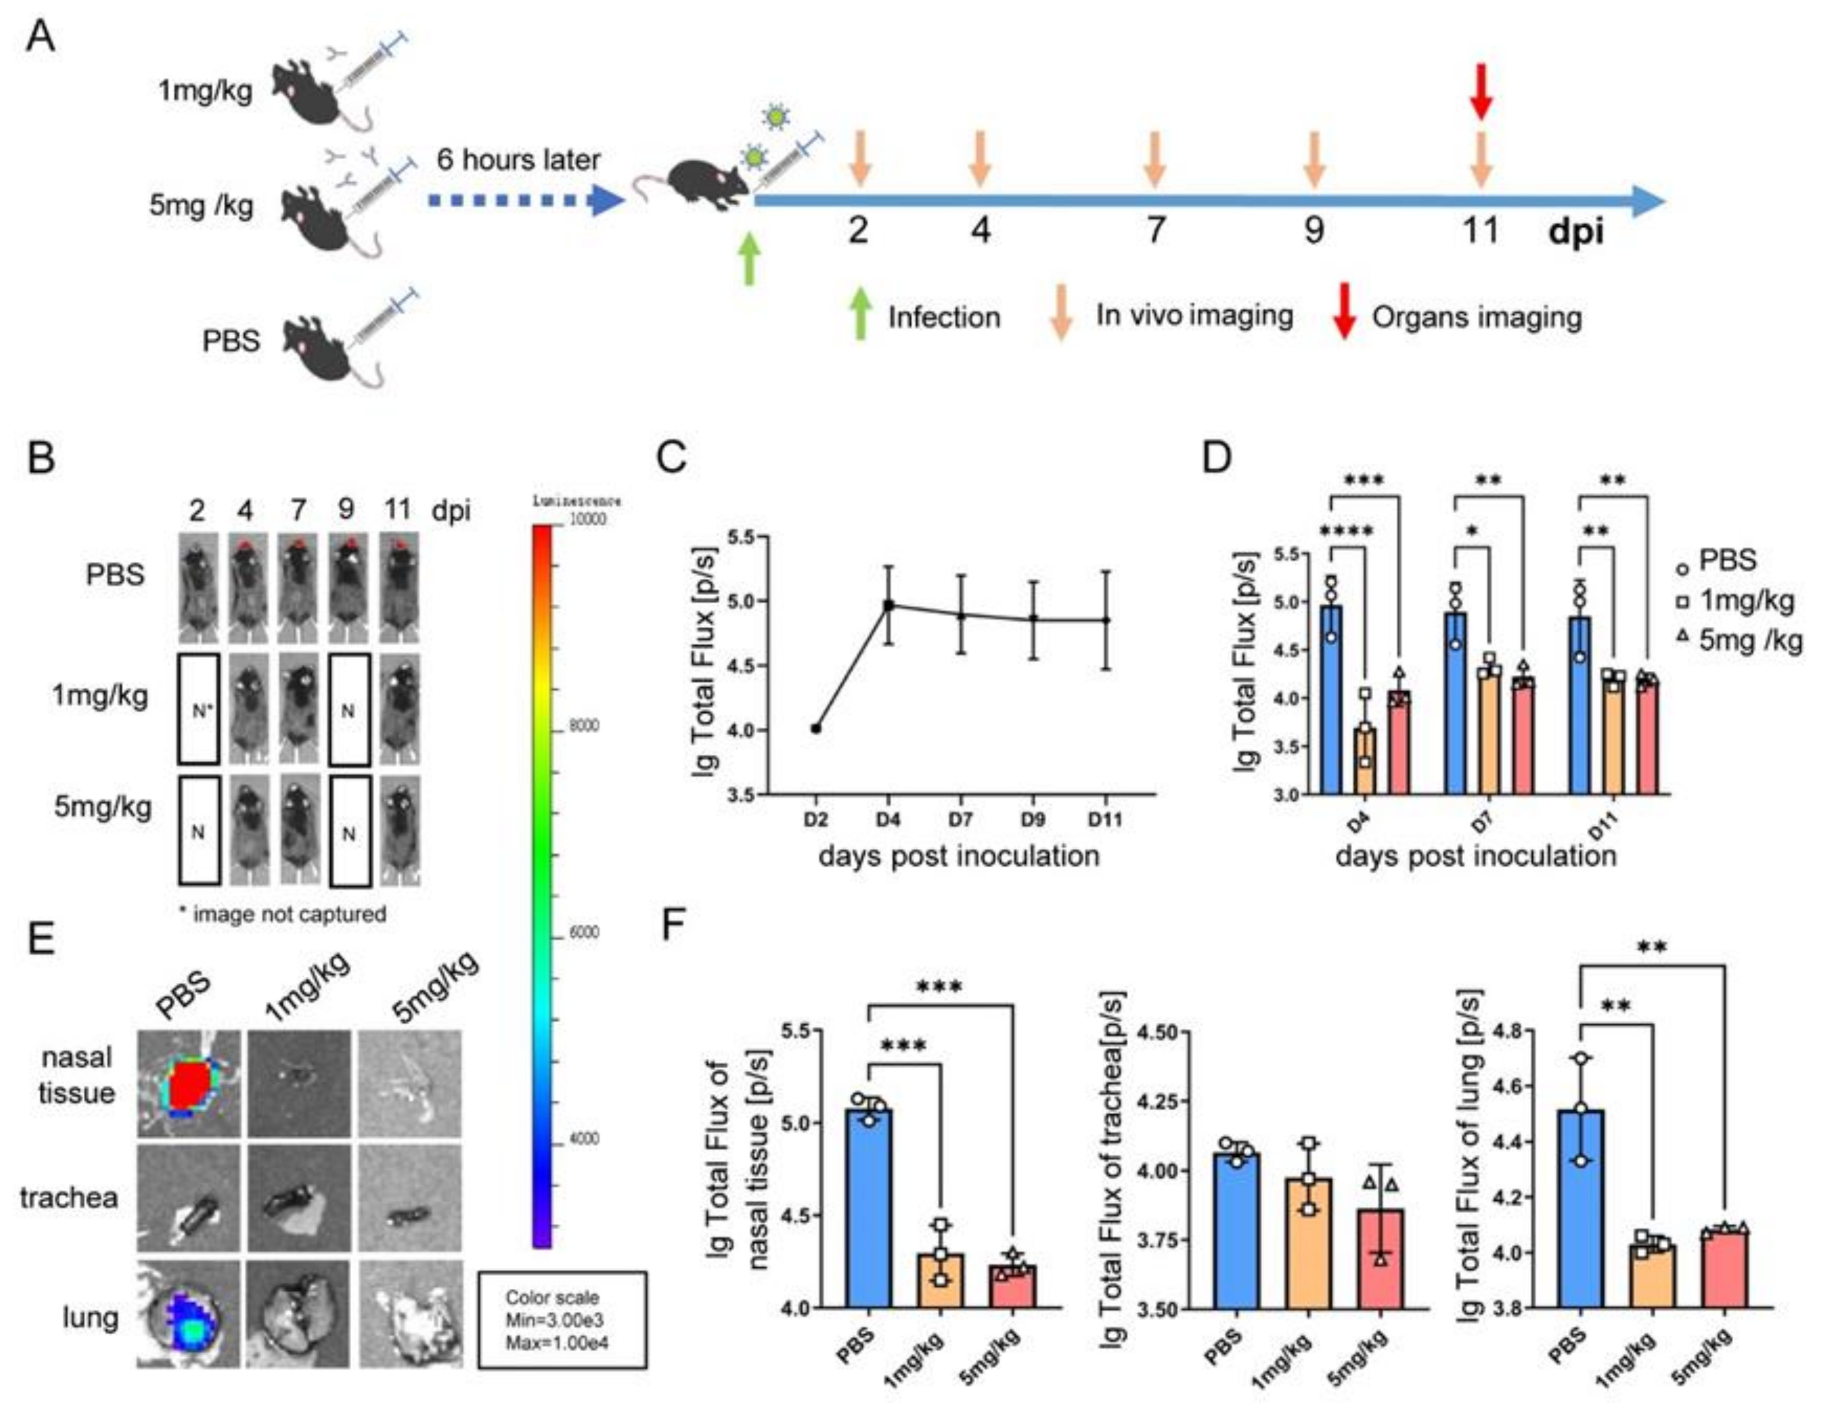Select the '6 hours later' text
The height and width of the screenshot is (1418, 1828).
(519, 159)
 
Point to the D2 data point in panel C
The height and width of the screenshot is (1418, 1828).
(816, 728)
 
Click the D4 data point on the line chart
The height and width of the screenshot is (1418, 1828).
(889, 604)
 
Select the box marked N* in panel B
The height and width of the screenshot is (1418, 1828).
(198, 710)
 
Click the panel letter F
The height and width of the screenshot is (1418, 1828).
(675, 927)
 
